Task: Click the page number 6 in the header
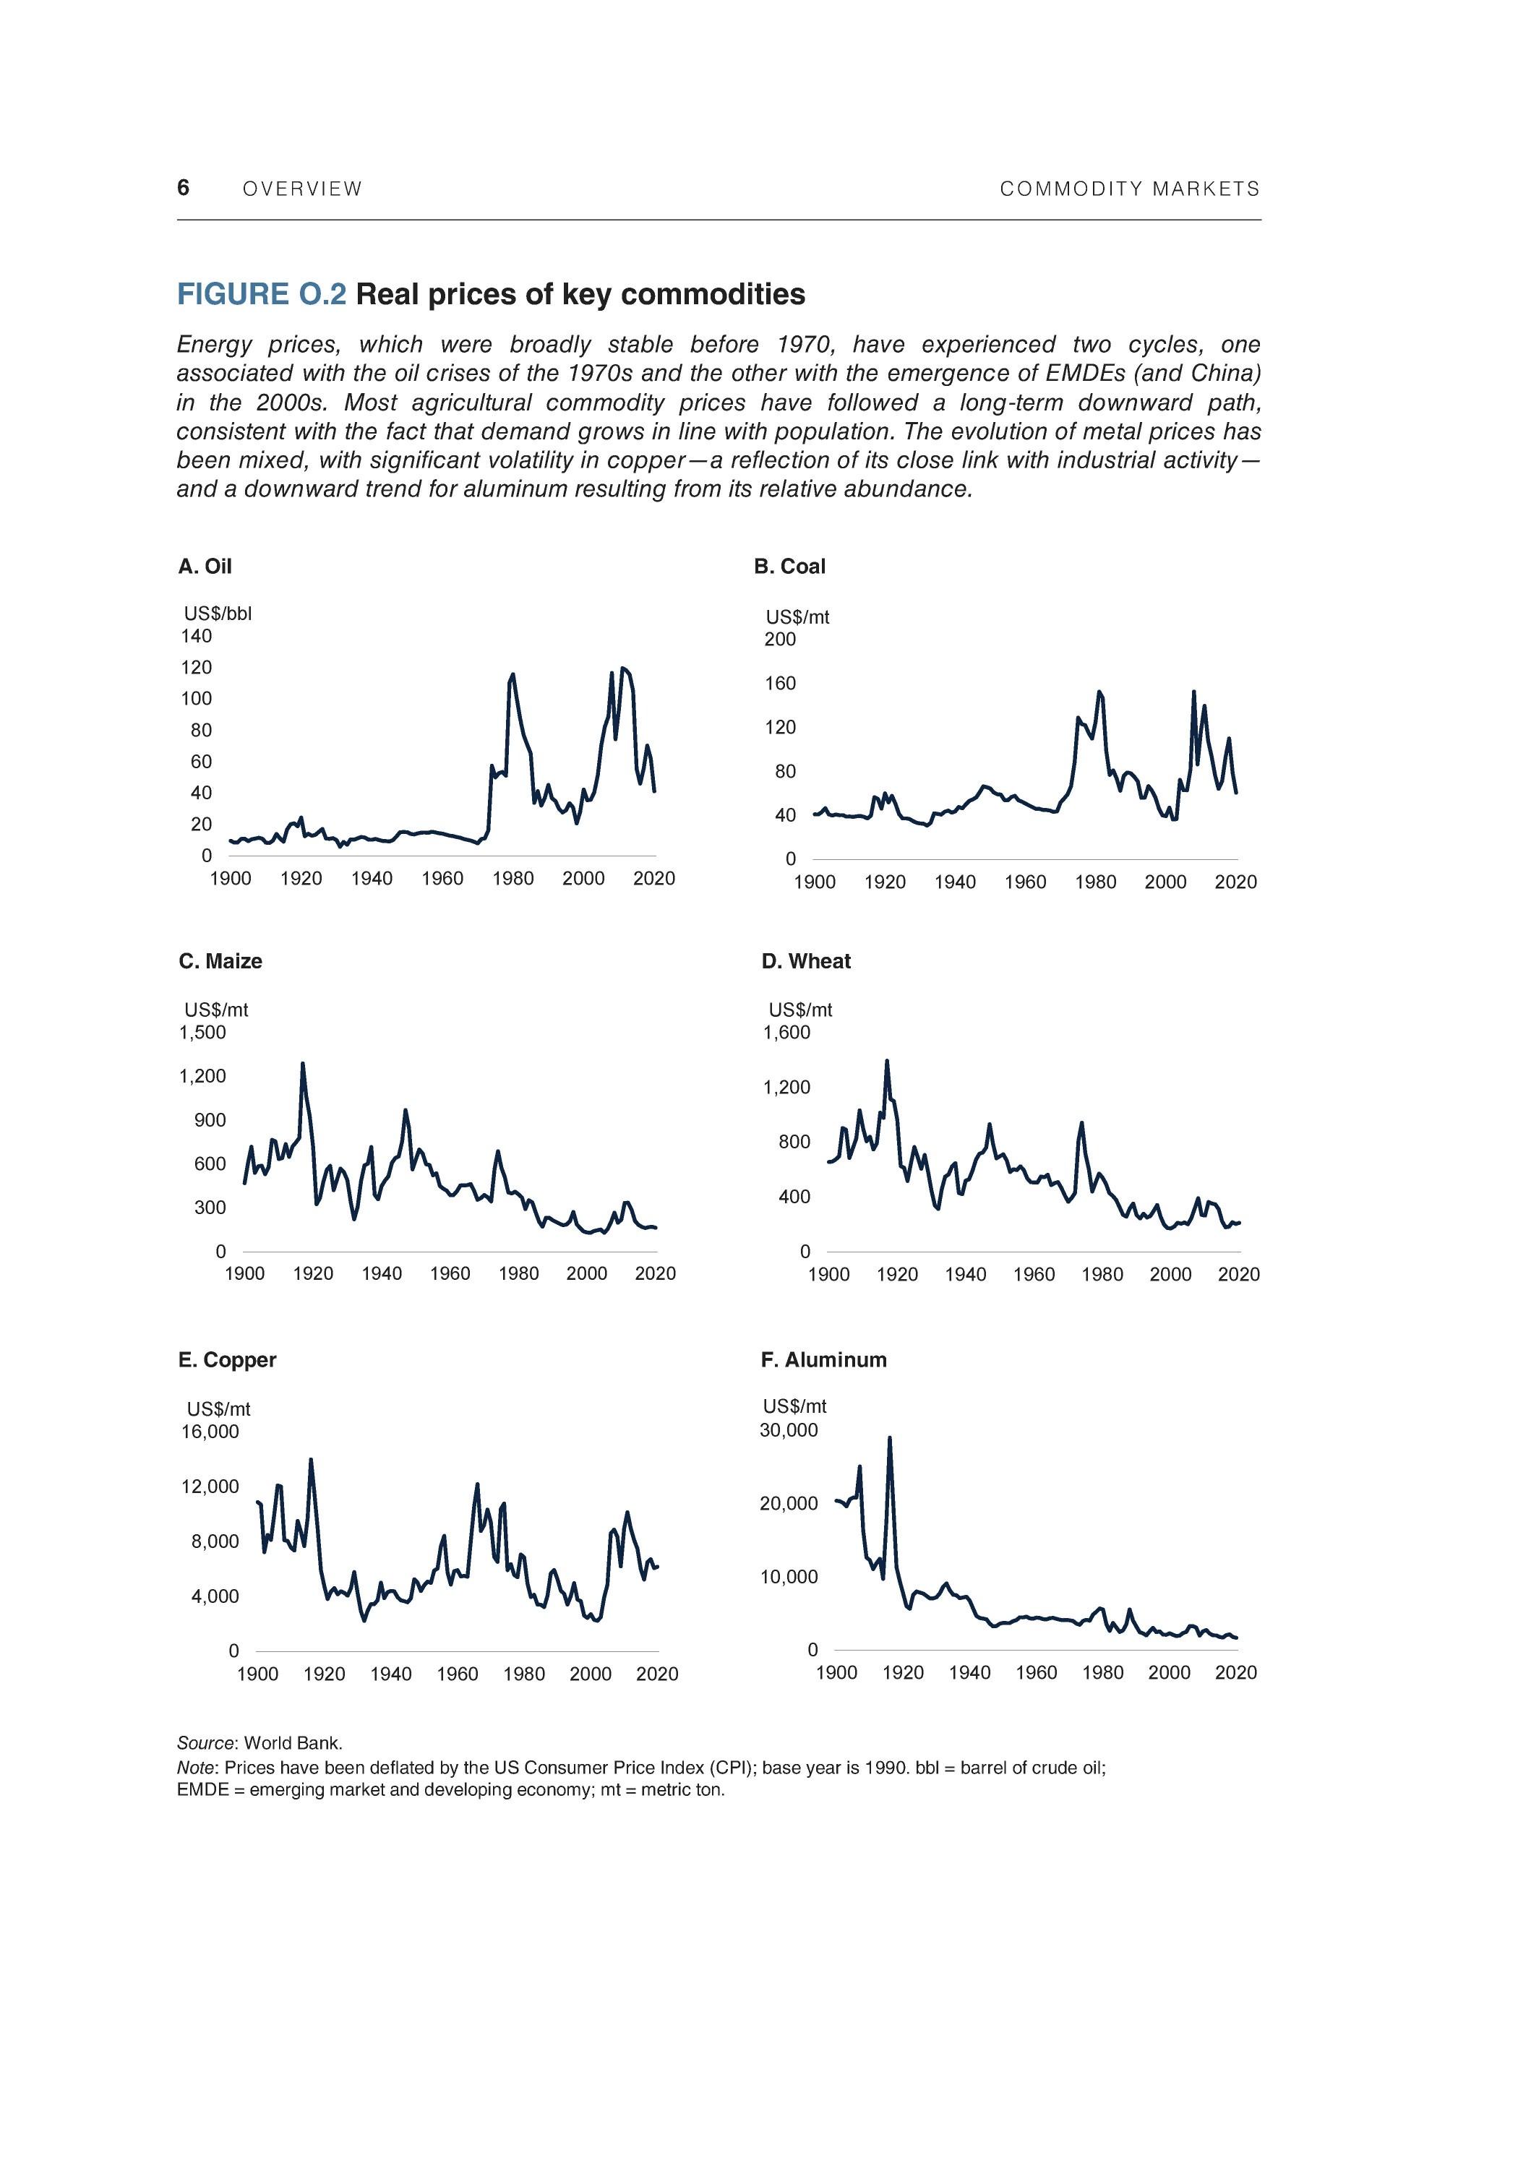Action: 184,187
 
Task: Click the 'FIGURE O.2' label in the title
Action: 262,295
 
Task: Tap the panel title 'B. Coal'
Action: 789,567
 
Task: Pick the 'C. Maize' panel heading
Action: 220,961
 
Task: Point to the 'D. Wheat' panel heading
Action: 806,961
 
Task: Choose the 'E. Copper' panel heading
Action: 227,1360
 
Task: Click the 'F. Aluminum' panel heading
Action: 824,1360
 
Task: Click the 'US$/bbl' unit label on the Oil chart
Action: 218,614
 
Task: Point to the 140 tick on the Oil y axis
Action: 197,637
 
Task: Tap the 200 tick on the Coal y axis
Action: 780,640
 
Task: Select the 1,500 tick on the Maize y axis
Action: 202,1032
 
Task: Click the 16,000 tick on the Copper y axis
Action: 210,1432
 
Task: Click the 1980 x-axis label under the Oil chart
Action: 513,879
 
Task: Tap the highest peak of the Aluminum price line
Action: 890,1439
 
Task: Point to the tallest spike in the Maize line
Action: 302,1064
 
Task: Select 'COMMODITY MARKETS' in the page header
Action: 1130,189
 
